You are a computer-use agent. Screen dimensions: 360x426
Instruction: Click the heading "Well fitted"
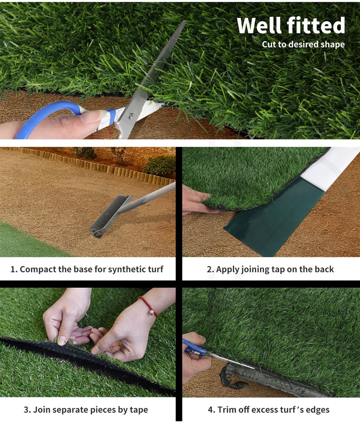coord(291,25)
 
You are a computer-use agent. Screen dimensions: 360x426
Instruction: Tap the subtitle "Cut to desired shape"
coord(303,44)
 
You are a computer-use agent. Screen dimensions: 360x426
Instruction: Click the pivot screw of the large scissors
coord(131,116)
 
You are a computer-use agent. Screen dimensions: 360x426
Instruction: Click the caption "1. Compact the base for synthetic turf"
coord(87,269)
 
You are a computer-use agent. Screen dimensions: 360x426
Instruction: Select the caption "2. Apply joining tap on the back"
coord(270,269)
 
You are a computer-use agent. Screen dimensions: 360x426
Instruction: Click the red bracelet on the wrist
coord(149,306)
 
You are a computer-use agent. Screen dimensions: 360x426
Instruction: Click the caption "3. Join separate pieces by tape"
coord(86,409)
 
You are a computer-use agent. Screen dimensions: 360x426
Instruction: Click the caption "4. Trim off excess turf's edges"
coord(269,409)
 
